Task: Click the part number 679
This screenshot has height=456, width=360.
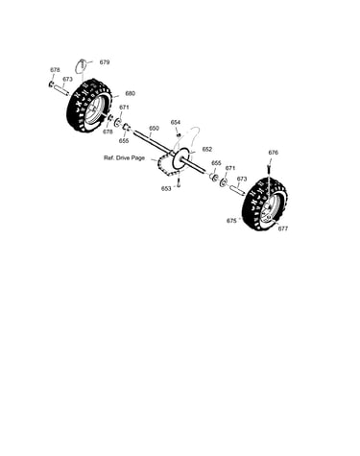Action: coord(105,62)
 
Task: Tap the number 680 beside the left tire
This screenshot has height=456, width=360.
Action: coord(131,93)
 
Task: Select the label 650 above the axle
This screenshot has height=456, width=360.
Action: coord(154,129)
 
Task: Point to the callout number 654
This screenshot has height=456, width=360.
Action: coord(176,122)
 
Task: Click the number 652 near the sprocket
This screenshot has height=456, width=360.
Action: coord(207,149)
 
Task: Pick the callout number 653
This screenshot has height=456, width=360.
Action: coord(166,189)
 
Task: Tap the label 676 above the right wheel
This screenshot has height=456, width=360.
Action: coord(273,153)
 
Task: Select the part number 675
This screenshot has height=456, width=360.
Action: coord(231,221)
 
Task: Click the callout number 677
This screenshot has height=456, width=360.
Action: coord(283,228)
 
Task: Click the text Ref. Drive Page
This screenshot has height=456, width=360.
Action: coord(124,157)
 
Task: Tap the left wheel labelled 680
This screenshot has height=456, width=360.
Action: coord(89,106)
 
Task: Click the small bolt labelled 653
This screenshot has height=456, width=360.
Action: coord(179,183)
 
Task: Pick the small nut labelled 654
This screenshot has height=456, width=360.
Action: coord(179,134)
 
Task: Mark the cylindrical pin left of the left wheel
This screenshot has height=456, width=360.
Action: coord(60,89)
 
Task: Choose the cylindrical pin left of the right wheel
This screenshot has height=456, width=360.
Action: coord(237,189)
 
